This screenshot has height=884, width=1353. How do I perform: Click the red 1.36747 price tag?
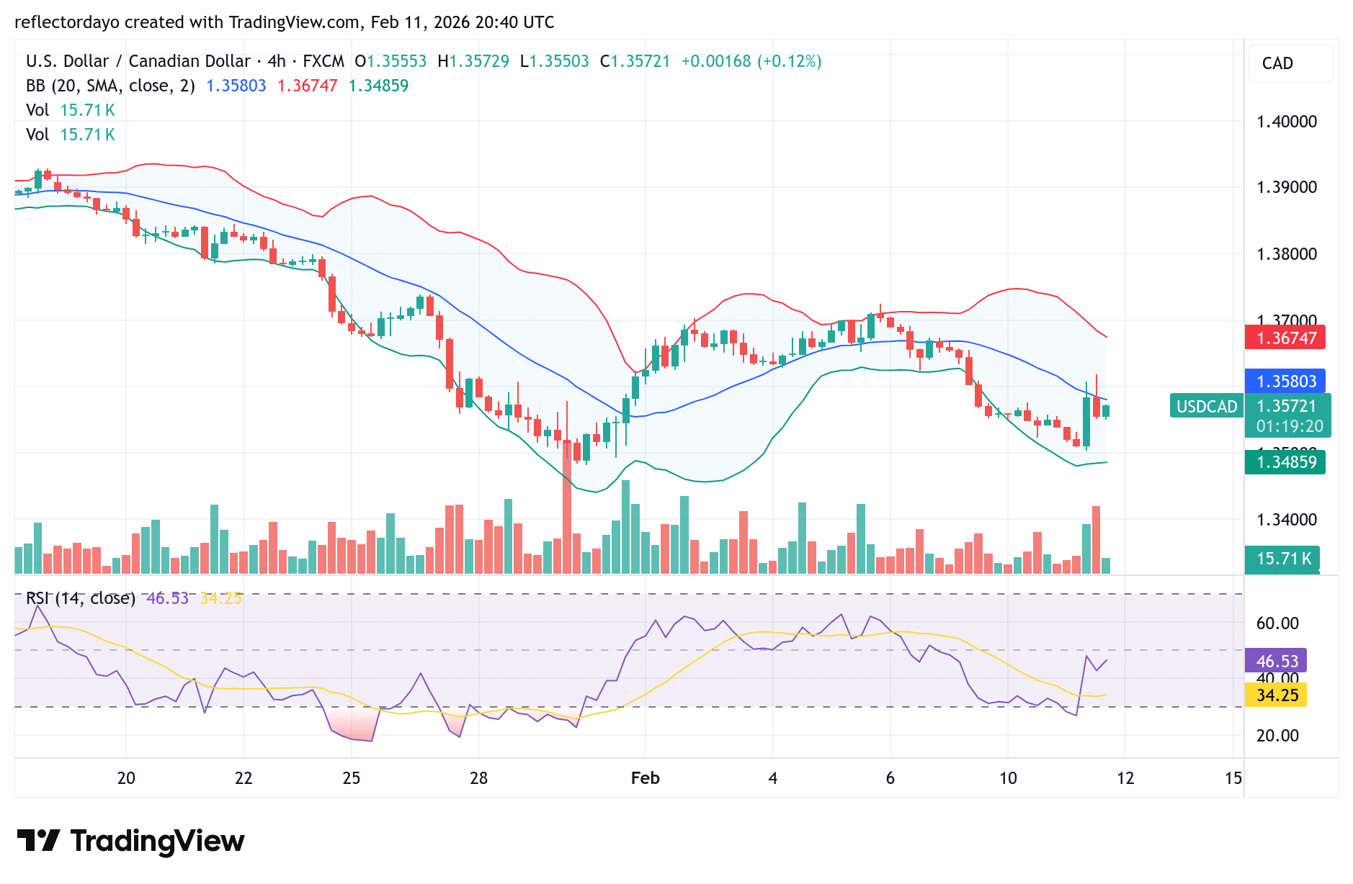coord(1285,338)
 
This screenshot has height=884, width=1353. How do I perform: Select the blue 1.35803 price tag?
coord(1285,381)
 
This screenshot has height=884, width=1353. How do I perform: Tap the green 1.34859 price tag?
coord(1285,462)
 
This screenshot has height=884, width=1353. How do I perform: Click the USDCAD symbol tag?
coord(1206,407)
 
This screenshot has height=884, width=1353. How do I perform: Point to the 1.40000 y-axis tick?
coord(1286,122)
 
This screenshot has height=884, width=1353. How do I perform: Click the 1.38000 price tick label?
coord(1286,254)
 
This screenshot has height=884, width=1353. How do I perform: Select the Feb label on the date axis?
coord(645,778)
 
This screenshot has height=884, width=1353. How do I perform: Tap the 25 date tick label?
coord(351,778)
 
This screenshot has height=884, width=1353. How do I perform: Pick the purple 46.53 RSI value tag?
coord(1277,661)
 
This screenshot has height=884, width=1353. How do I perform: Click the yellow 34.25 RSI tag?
coord(1277,695)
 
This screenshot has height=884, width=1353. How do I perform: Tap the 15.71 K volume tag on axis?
coord(1282,559)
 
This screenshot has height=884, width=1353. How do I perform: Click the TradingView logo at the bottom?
coord(130,841)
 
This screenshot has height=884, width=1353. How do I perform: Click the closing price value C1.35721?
coord(635,61)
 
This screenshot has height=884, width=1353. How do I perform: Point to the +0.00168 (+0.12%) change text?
coord(751,61)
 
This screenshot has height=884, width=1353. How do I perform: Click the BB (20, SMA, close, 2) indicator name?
coord(110,86)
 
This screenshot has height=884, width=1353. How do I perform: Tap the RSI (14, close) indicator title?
coord(80,598)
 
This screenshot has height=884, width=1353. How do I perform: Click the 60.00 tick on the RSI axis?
coord(1277,623)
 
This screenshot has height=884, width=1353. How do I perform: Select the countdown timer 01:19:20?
coord(1289,426)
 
